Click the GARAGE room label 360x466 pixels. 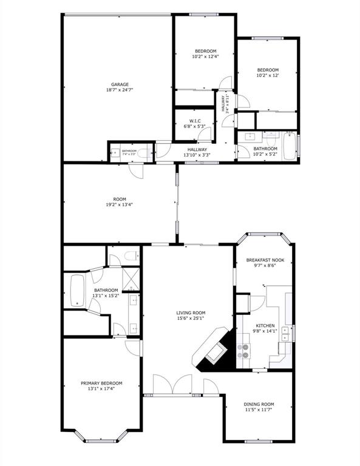coord(120,84)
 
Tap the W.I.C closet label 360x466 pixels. coord(195,120)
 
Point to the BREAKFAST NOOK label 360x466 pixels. coord(265,260)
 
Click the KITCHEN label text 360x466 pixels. coord(265,325)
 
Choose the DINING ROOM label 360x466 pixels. coord(259,404)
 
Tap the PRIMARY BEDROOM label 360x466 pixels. coord(101,383)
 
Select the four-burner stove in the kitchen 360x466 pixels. coord(243,350)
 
